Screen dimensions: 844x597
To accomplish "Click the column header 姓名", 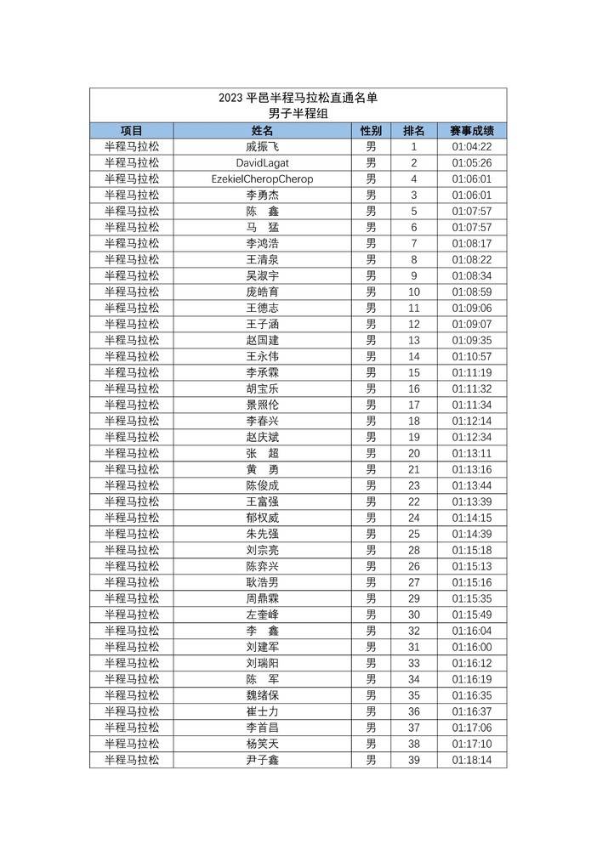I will click(x=263, y=131).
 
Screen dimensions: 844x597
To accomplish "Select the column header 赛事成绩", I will click(x=472, y=131).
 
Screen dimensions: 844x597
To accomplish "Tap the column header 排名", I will click(x=414, y=131).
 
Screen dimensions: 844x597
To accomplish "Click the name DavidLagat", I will click(x=263, y=163).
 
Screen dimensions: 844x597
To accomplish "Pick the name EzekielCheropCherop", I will click(x=263, y=179).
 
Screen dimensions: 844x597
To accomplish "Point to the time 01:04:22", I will click(x=472, y=147).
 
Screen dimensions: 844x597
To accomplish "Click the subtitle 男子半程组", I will click(x=298, y=114).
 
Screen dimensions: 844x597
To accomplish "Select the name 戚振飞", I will click(x=263, y=147).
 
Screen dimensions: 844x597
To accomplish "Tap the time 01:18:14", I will click(x=472, y=760).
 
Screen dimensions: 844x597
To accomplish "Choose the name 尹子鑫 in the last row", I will click(x=263, y=760).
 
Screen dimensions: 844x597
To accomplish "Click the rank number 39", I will click(x=414, y=760).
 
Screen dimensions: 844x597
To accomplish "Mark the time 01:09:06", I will click(x=472, y=308).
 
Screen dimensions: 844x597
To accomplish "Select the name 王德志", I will click(x=263, y=308).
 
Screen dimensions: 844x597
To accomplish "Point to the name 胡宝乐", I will click(x=263, y=388).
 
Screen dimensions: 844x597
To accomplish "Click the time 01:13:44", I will click(x=472, y=485).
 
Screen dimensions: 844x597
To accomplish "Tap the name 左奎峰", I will click(x=263, y=615).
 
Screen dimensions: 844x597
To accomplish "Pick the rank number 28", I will click(x=414, y=550).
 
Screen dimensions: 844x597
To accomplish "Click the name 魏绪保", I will click(x=263, y=695).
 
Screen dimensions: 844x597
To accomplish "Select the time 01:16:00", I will click(x=472, y=647).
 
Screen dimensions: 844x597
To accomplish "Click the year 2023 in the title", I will click(x=230, y=98).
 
